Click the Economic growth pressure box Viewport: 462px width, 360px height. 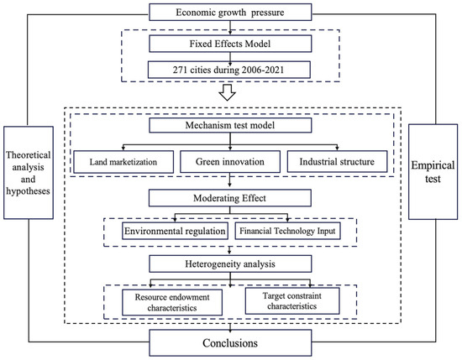coord(230,12)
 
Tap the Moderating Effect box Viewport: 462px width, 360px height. coord(230,198)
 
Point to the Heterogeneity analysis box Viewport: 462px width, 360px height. coord(230,263)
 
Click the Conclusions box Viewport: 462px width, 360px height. coord(230,344)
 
